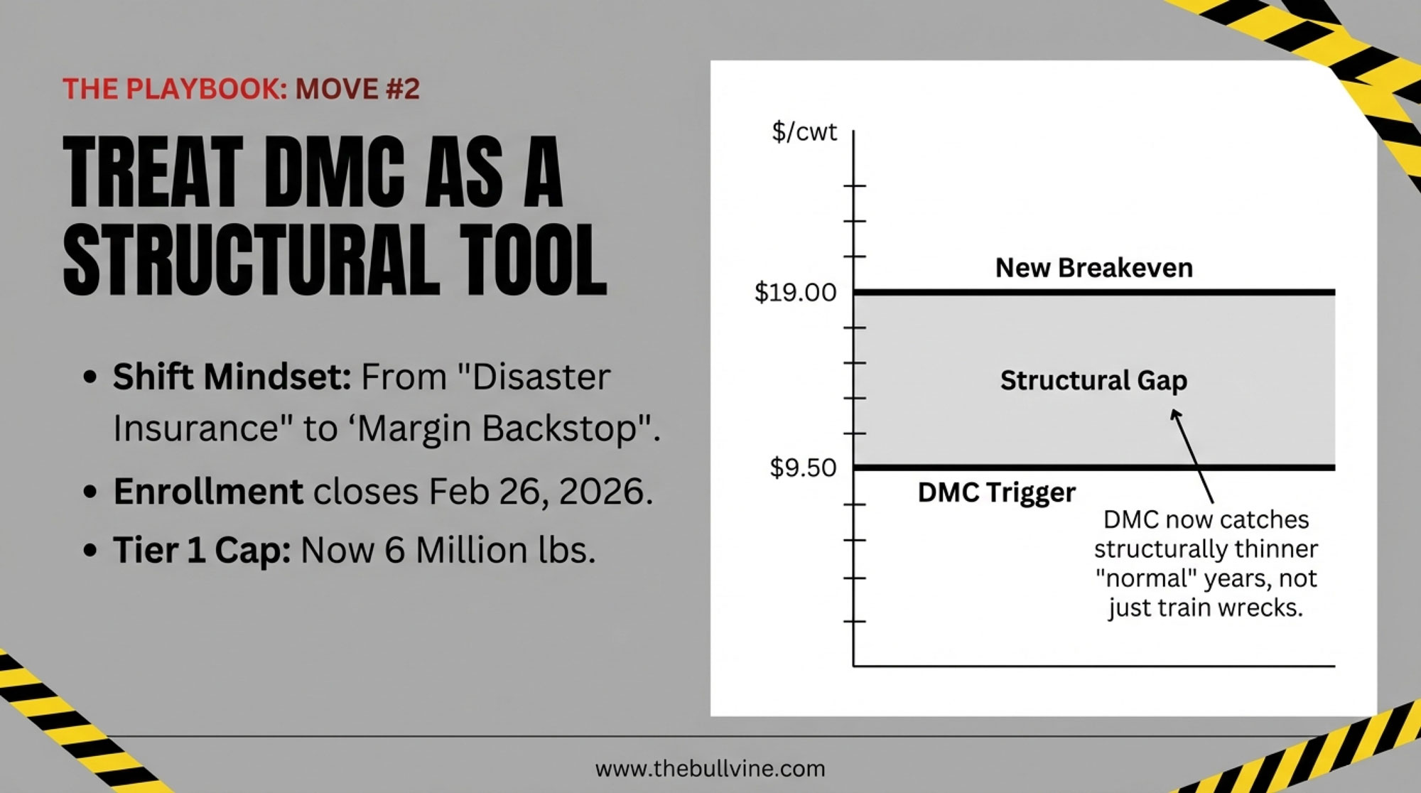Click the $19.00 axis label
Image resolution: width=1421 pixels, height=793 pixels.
point(795,292)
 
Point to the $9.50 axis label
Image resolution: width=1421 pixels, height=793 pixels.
point(803,468)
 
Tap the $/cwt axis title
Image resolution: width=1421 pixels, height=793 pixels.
point(804,132)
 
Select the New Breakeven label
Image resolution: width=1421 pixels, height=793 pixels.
point(1094,268)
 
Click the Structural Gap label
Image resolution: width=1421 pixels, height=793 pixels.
point(1093,381)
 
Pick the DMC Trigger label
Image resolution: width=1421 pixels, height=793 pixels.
point(996,492)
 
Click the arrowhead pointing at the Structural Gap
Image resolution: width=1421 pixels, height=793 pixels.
point(1176,414)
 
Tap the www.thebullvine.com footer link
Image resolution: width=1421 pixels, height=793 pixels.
point(710,768)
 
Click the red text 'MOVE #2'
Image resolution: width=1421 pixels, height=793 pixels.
point(357,89)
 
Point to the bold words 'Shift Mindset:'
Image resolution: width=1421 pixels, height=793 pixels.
point(232,377)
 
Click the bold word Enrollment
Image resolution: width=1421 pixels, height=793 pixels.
point(208,492)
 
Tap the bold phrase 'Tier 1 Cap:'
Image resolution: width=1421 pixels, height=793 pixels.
point(202,551)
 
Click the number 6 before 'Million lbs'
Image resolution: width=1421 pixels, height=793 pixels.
point(395,551)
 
